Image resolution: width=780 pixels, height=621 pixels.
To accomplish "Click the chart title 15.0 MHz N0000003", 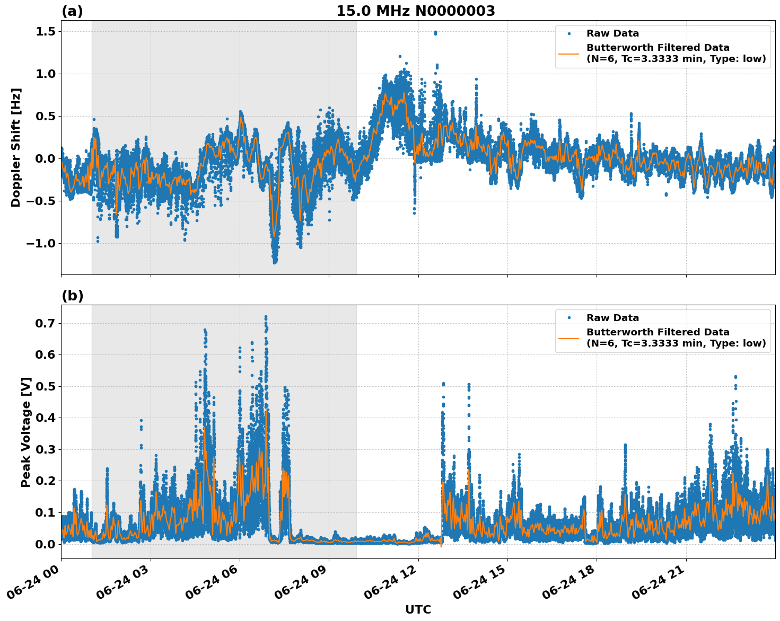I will (x=415, y=11).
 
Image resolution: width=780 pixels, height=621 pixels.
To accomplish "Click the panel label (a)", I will (x=72, y=11).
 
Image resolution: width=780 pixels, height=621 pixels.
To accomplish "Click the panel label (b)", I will (x=72, y=296).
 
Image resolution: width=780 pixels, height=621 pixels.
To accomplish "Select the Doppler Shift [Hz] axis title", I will (x=16, y=147).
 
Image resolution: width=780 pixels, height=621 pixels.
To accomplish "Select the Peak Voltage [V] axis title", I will (x=26, y=432).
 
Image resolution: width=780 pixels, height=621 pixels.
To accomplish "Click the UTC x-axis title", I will (x=418, y=609).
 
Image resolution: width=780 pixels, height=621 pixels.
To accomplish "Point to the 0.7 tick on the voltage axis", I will (x=47, y=323).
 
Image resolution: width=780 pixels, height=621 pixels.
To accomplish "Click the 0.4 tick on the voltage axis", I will (x=47, y=418).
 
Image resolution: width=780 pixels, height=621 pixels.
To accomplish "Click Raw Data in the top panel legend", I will (x=612, y=33).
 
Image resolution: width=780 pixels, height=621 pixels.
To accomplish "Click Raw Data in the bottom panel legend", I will (x=612, y=318).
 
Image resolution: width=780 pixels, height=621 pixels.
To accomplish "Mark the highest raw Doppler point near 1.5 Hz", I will (x=435, y=33).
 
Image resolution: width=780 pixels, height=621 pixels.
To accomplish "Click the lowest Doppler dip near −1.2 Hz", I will (x=275, y=262).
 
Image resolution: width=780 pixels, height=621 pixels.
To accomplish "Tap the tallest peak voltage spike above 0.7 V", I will (x=266, y=317).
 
